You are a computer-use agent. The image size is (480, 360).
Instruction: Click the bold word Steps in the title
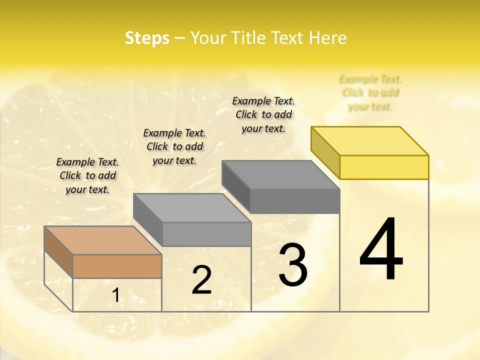click(x=147, y=38)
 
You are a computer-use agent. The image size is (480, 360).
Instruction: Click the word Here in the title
click(x=327, y=38)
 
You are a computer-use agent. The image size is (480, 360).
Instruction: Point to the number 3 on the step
click(x=293, y=265)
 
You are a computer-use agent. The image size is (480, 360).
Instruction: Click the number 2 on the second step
click(x=202, y=280)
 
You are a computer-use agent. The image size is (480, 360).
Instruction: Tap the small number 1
click(x=115, y=295)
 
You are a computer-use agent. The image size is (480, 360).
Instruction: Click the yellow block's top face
click(x=370, y=140)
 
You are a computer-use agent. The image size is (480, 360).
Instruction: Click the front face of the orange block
click(x=117, y=266)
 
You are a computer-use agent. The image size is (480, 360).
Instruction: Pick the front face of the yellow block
click(x=384, y=167)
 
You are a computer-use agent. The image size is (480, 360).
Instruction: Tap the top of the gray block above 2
click(x=192, y=207)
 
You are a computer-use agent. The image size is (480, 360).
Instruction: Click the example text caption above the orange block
click(x=87, y=176)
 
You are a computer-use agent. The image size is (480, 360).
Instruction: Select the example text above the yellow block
click(x=370, y=92)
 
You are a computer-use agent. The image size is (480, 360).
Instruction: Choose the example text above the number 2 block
click(x=174, y=146)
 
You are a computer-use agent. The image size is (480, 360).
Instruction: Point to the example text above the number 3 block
click(x=263, y=114)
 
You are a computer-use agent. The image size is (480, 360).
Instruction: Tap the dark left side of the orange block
click(x=58, y=251)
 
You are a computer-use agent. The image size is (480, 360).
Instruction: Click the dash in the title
click(x=179, y=38)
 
